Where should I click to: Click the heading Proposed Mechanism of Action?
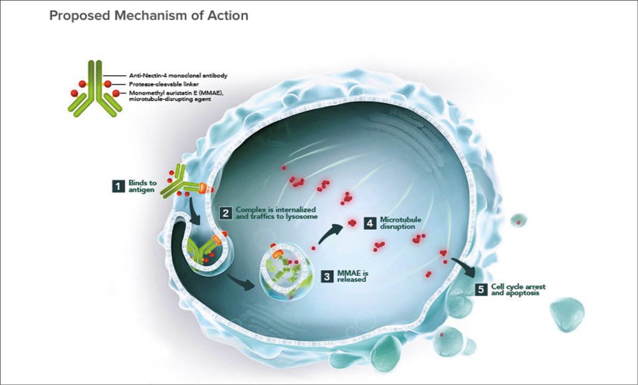(148, 16)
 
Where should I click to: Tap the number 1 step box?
(115, 185)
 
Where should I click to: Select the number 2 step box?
(226, 213)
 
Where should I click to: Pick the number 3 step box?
(326, 276)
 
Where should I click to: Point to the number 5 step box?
(480, 289)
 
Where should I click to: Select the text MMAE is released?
(351, 276)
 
